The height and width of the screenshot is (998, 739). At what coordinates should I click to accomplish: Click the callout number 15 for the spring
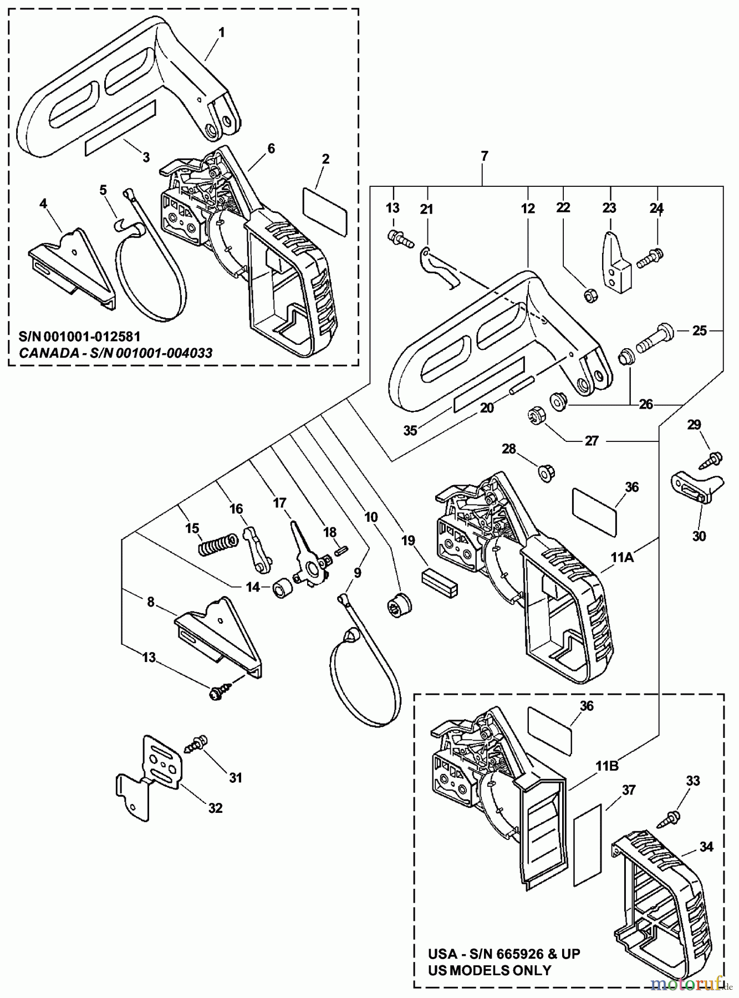click(192, 528)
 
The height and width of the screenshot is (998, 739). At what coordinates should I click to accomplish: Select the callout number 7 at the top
click(484, 157)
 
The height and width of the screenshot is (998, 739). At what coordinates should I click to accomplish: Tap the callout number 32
click(215, 808)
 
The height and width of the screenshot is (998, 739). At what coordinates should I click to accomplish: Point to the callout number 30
click(699, 536)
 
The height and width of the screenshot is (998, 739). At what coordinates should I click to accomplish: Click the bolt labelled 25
click(656, 335)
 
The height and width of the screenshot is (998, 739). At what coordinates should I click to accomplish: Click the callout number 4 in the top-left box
click(43, 203)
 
